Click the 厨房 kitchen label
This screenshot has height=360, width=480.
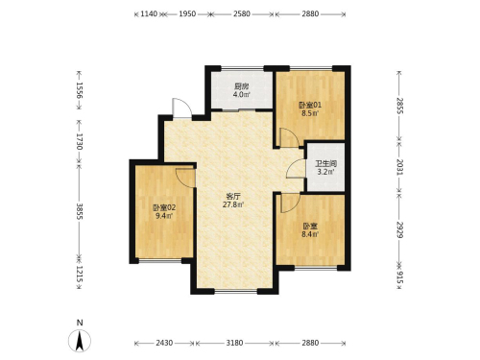tap(242, 86)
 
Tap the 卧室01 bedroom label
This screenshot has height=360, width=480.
tap(310, 105)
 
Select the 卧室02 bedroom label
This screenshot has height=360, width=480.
tap(164, 207)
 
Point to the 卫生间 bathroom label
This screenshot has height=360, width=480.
tap(325, 164)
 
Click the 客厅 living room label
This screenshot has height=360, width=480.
tap(233, 196)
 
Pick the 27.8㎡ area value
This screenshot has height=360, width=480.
tap(233, 204)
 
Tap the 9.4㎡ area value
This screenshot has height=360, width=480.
tap(164, 216)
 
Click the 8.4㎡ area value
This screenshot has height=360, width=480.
tap(310, 234)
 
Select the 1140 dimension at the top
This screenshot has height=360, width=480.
tap(149, 13)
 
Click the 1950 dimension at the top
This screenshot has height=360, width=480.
tap(187, 13)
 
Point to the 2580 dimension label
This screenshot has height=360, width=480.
tap(242, 13)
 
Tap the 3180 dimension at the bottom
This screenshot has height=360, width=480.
tap(234, 343)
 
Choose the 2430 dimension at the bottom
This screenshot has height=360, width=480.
tap(164, 343)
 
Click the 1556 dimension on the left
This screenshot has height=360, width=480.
tap(80, 90)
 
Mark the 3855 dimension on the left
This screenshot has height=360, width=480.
tap(80, 211)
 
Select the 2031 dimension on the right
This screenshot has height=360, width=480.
tap(399, 167)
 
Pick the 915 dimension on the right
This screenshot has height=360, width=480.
tap(399, 277)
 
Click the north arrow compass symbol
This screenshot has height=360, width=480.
tap(80, 341)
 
